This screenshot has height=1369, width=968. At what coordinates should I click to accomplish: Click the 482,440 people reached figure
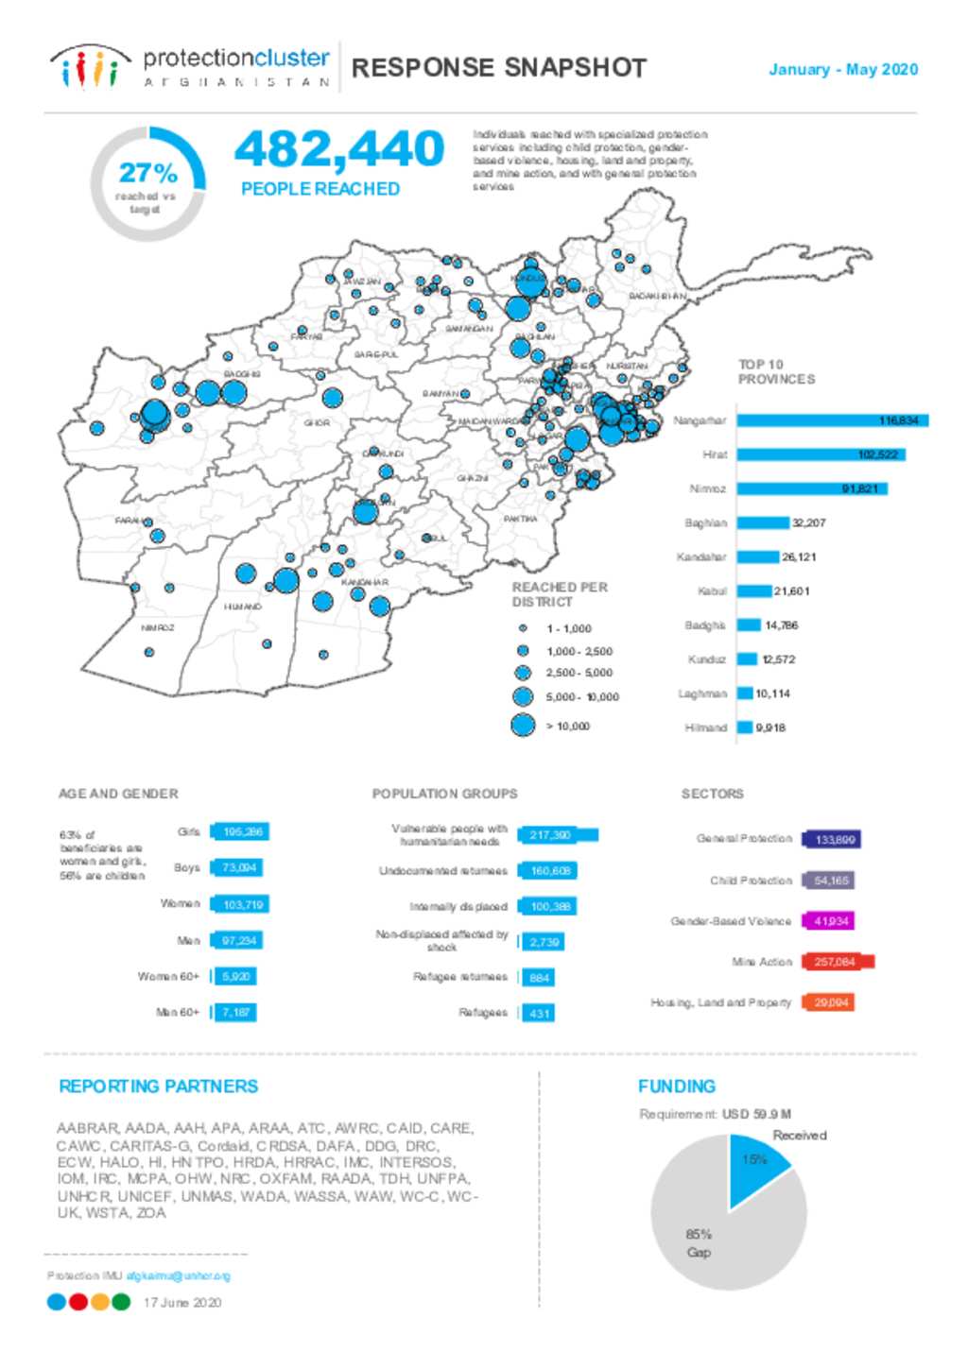[x=338, y=149]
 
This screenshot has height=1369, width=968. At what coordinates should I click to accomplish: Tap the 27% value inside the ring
[x=148, y=173]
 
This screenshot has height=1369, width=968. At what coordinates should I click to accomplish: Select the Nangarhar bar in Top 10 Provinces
[x=832, y=420]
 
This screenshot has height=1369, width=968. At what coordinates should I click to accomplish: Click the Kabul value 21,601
[x=791, y=591]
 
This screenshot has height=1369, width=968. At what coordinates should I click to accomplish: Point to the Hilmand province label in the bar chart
[x=706, y=727]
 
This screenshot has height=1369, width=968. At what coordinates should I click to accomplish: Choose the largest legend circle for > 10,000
[x=523, y=726]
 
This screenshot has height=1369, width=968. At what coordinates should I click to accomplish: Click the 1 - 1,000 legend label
[x=568, y=628]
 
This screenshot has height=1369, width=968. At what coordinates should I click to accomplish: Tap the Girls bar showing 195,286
[x=241, y=831]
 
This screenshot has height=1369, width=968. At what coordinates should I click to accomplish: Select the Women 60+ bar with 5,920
[x=235, y=976]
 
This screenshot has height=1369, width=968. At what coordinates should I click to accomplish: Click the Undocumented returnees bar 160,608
[x=548, y=871]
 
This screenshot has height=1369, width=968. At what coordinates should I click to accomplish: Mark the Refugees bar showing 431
[x=539, y=1013]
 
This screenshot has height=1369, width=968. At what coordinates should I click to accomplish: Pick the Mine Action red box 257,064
[x=837, y=962]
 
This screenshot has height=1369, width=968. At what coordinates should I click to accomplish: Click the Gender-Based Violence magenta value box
[x=829, y=921]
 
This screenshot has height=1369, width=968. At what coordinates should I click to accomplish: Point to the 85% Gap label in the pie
[x=699, y=1242]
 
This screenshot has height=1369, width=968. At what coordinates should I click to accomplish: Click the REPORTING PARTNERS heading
[x=158, y=1087]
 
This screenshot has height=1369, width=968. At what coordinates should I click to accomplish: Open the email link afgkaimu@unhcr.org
[x=178, y=1275]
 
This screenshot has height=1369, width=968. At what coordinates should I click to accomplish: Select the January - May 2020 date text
[x=843, y=69]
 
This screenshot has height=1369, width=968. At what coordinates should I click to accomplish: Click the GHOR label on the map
[x=317, y=422]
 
